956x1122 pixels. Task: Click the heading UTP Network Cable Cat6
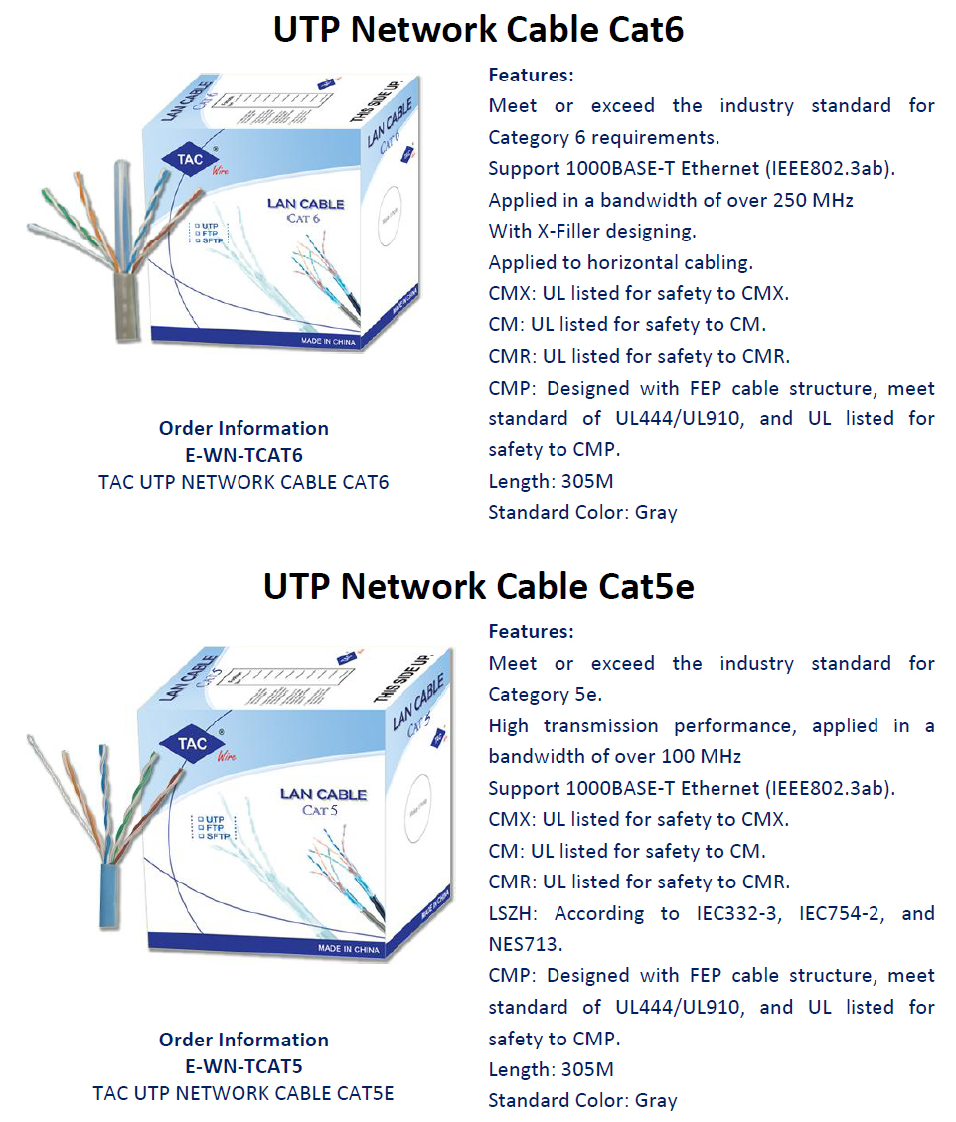click(x=478, y=29)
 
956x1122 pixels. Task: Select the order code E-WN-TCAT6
click(x=243, y=455)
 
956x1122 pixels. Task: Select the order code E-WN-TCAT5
click(x=243, y=1066)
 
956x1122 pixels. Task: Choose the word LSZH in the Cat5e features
click(x=514, y=912)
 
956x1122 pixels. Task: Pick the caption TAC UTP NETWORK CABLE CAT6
click(x=243, y=482)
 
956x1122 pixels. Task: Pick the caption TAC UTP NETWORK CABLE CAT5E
click(x=243, y=1093)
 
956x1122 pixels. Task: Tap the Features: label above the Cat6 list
click(x=531, y=75)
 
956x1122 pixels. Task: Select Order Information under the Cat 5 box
click(x=243, y=1040)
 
